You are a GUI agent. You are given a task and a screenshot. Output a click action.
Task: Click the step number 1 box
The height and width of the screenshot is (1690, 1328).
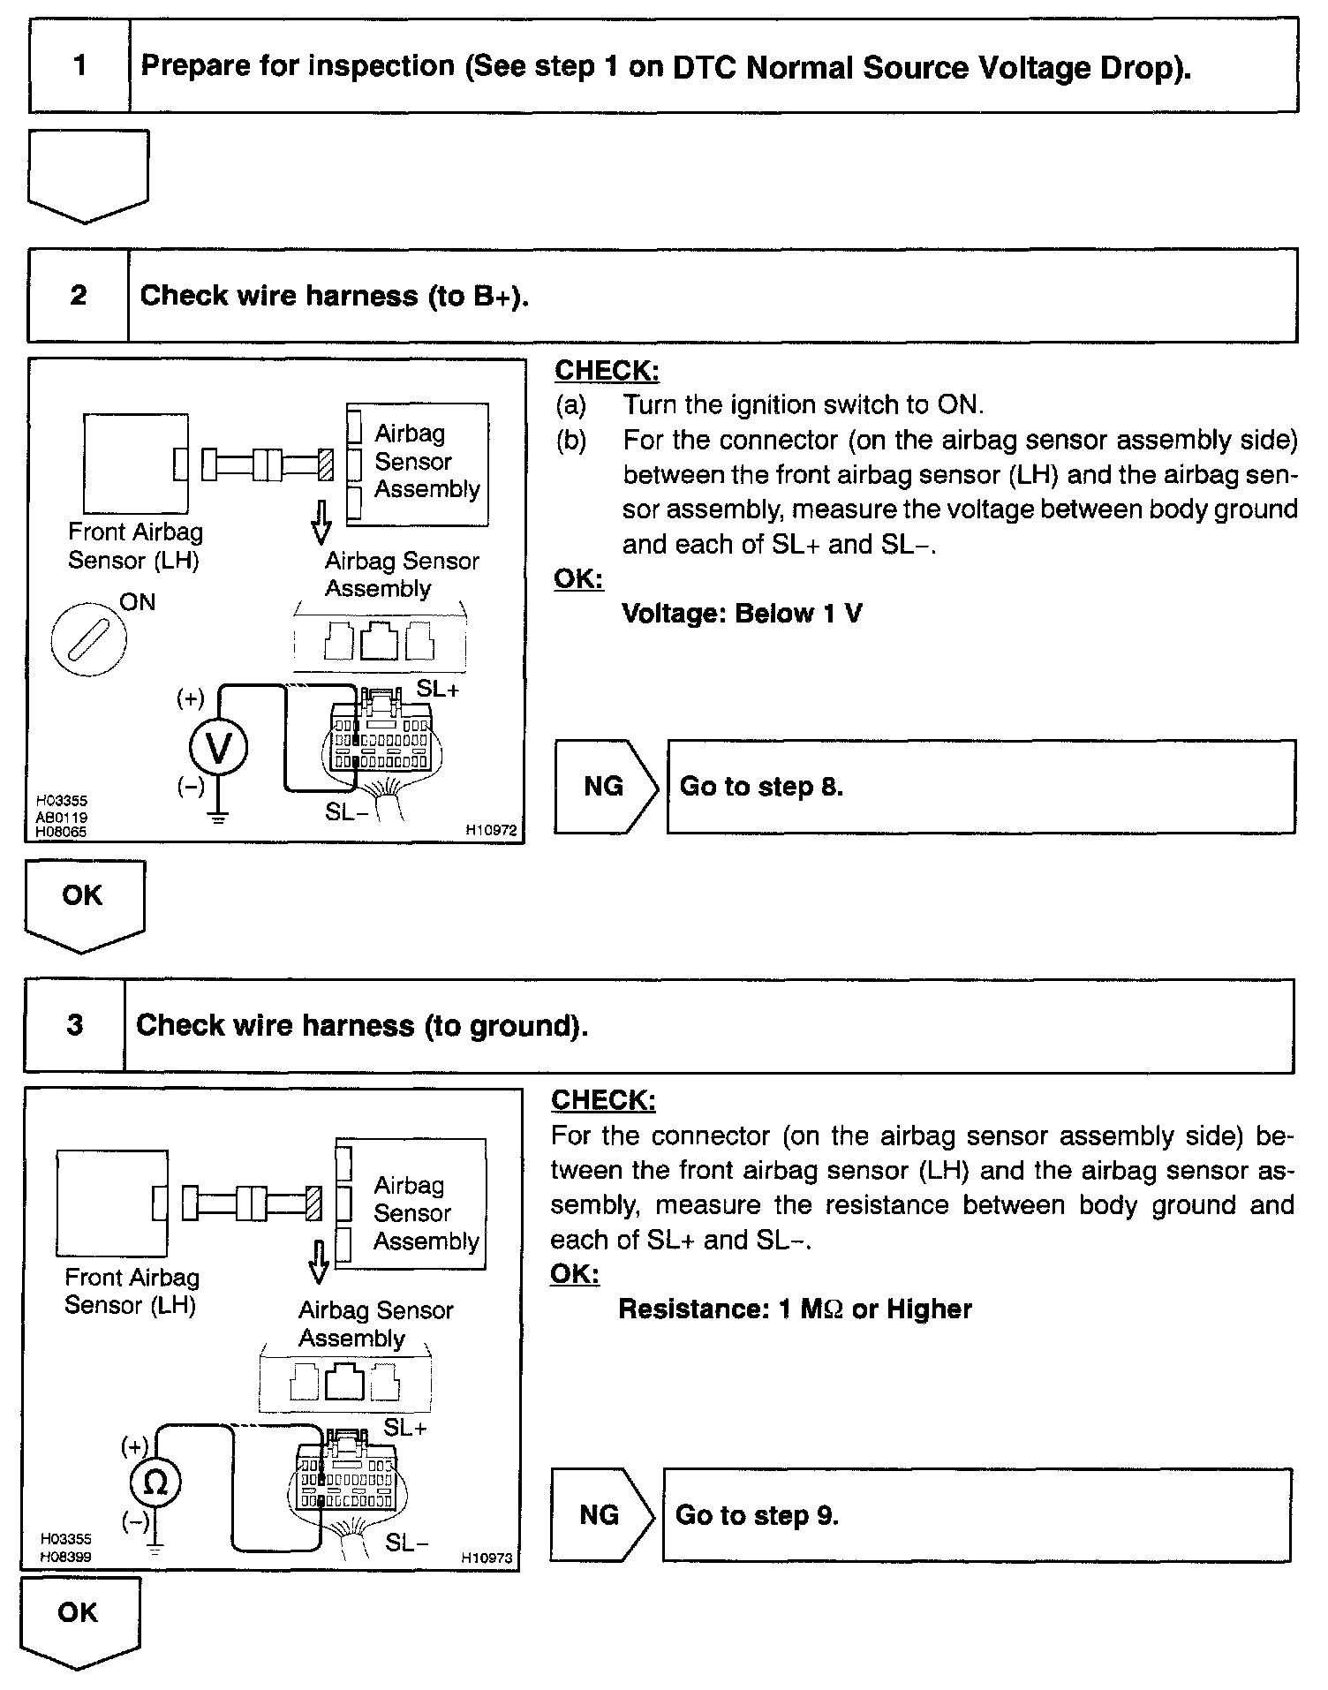(x=79, y=66)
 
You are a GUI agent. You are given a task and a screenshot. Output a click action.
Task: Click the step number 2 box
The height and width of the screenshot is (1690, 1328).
(x=79, y=295)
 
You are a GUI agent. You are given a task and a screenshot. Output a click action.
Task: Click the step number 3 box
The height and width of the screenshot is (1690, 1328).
(x=75, y=1025)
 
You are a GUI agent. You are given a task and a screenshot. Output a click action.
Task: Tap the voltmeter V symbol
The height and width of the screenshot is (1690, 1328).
(x=218, y=748)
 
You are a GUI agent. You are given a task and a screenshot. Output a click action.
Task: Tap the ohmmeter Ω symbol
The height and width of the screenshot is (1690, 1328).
(x=155, y=1483)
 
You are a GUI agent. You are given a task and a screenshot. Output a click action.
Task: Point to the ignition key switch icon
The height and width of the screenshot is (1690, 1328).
(x=88, y=638)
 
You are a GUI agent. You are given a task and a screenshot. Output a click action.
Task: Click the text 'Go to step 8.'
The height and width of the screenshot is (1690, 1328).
(x=761, y=786)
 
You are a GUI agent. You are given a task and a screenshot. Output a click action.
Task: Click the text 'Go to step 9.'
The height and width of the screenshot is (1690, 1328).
(x=757, y=1515)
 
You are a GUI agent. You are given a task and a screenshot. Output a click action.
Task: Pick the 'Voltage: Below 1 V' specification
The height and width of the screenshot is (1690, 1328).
(x=742, y=613)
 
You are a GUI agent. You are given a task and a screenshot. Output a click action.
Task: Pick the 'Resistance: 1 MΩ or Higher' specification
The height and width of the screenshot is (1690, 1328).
(x=795, y=1309)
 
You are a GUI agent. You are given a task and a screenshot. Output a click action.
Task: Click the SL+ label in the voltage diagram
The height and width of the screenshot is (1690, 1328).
(x=438, y=689)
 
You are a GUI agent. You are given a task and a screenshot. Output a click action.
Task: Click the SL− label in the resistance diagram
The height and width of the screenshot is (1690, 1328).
(x=407, y=1542)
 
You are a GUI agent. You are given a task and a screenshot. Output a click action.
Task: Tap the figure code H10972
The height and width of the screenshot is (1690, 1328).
(x=491, y=830)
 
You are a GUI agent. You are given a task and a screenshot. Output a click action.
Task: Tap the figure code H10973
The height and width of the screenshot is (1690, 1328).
(x=487, y=1558)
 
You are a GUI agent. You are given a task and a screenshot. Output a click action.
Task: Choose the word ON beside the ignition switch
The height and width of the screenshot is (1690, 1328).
(x=138, y=602)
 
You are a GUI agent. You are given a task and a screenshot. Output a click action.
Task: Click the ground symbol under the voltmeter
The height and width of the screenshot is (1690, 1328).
(x=218, y=817)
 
